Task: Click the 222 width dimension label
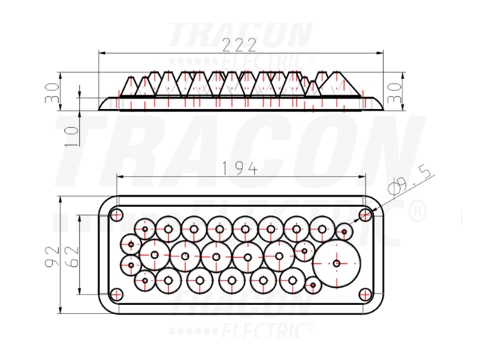coord(239,46)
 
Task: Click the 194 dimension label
coord(239,169)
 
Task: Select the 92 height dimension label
coord(52,256)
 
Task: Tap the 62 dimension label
coord(73,256)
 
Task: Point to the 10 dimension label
coord(72,136)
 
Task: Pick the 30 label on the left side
coord(52,93)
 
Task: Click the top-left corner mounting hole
coord(116,214)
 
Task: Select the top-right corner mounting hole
coord(366,214)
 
